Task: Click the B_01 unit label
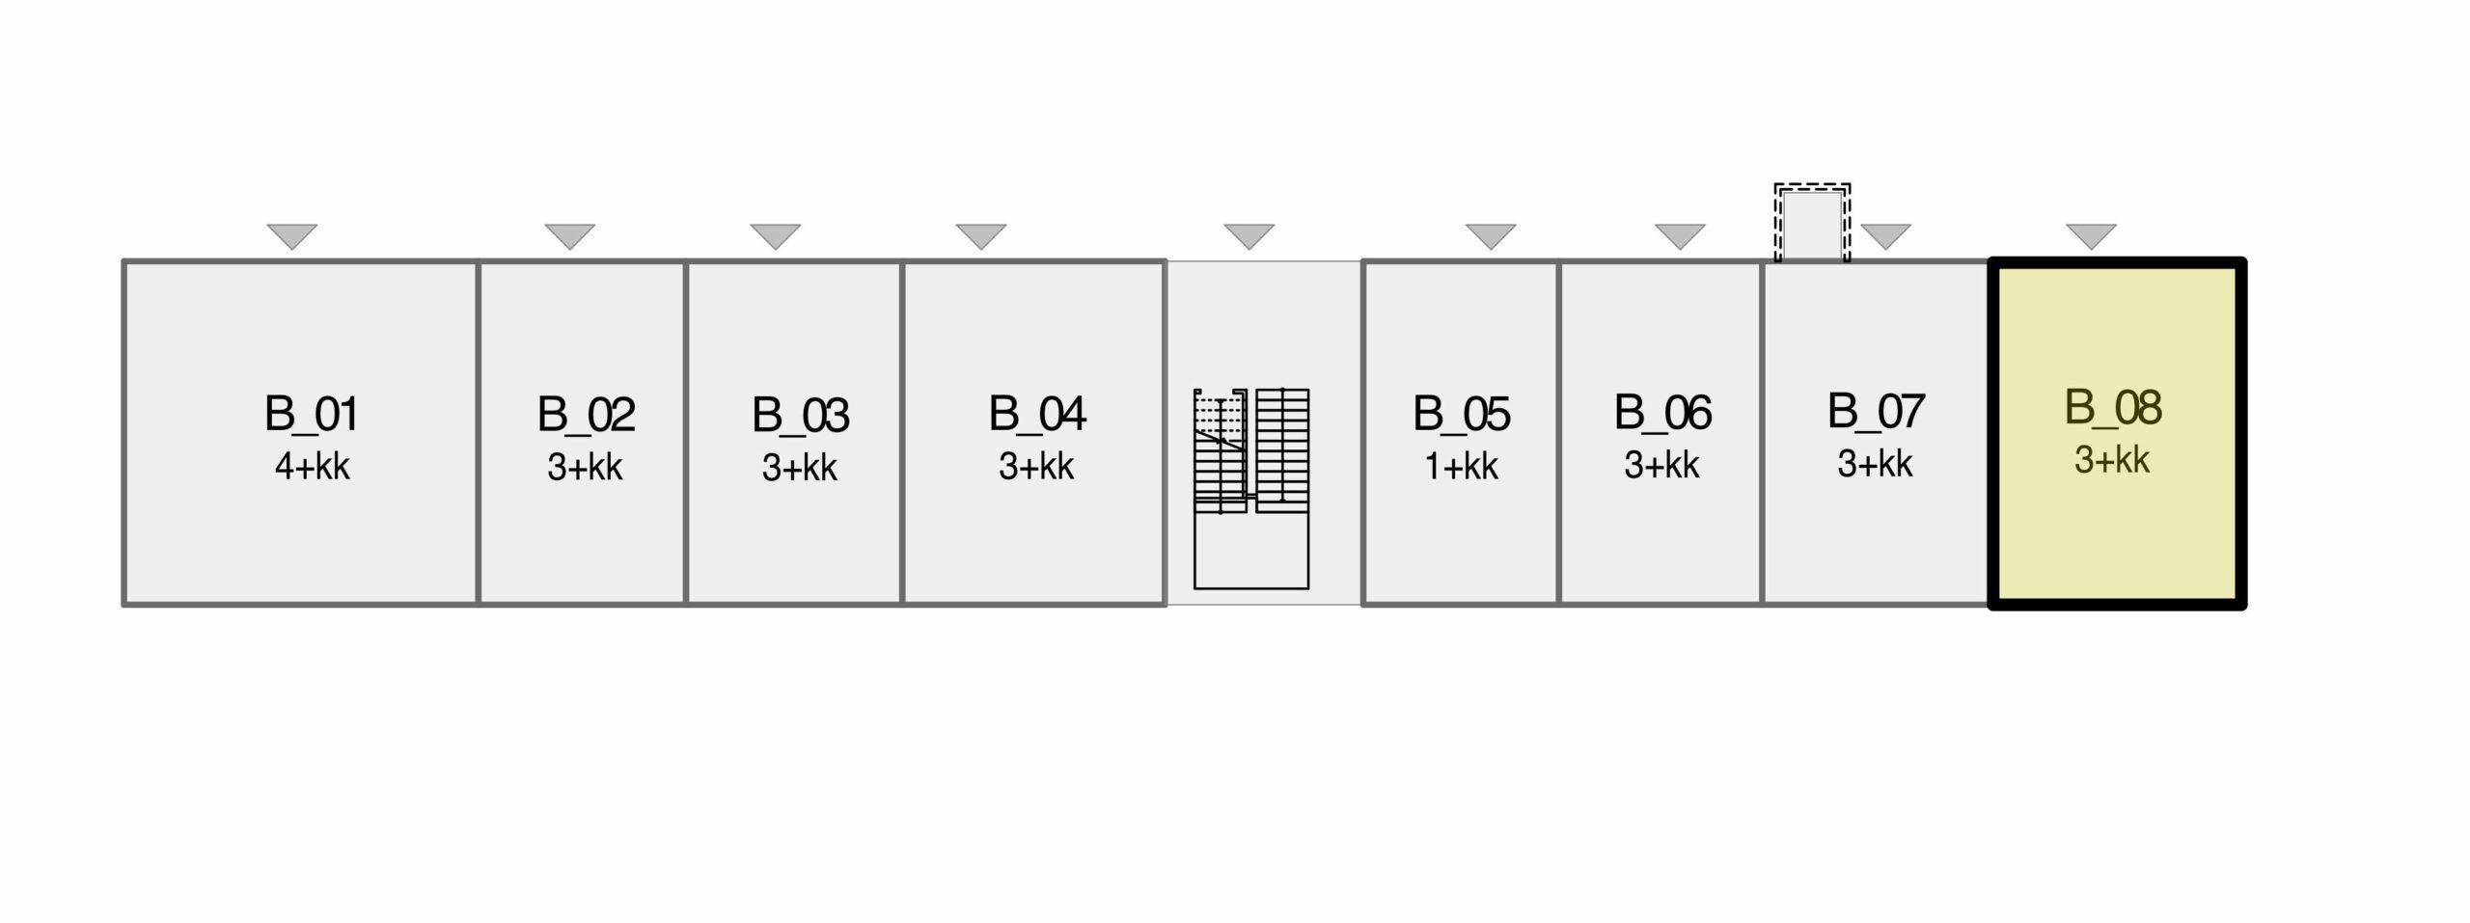311,415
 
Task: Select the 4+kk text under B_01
312,467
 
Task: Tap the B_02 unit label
586,416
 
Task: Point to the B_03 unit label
800,417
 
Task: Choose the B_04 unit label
1037,415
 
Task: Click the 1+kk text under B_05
1461,467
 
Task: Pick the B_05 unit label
1462,415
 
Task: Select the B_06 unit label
1662,413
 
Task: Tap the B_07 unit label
1876,412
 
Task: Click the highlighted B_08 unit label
2113,408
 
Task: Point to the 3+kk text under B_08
2112,460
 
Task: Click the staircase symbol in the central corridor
1251,488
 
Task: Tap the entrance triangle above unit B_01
292,235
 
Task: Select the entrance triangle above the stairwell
1249,235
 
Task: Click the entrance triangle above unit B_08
2092,235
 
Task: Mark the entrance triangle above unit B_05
1491,235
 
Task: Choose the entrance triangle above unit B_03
776,235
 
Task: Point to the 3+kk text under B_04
1036,467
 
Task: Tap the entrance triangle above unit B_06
1680,235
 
